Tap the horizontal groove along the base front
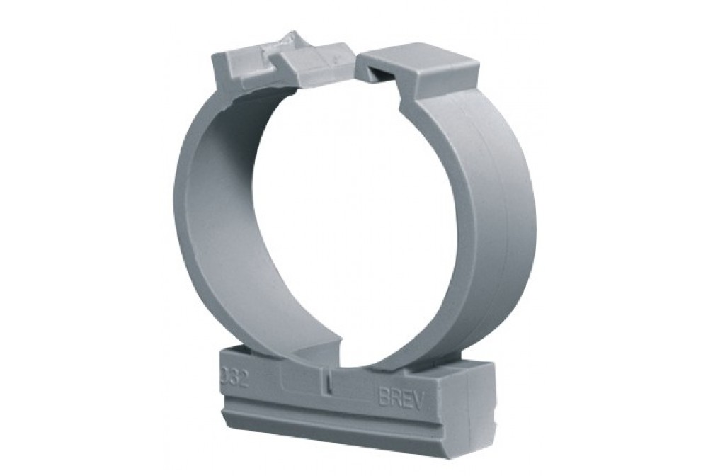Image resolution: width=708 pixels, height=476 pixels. [340, 414]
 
